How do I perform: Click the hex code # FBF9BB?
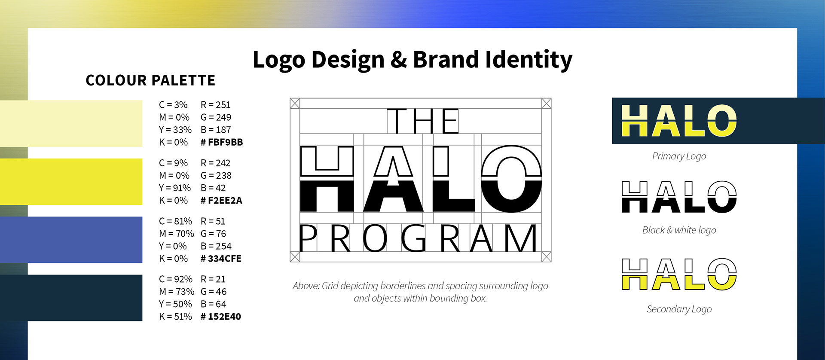pos(222,142)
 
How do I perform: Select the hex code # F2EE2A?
pos(221,200)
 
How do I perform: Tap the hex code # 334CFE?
pos(221,259)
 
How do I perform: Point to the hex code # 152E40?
pos(221,317)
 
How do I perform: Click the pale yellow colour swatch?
pos(71,124)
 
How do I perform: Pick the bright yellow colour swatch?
pos(71,182)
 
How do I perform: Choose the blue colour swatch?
pos(71,240)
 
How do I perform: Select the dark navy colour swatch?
pos(71,298)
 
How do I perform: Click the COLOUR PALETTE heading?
pos(150,80)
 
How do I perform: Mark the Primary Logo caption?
pos(679,156)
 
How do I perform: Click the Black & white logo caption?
pos(679,230)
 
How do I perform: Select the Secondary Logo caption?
pos(679,309)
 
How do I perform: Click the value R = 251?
pos(216,105)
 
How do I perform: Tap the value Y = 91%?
pos(175,188)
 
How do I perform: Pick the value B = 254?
pos(216,246)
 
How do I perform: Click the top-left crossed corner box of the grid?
pos(295,103)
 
